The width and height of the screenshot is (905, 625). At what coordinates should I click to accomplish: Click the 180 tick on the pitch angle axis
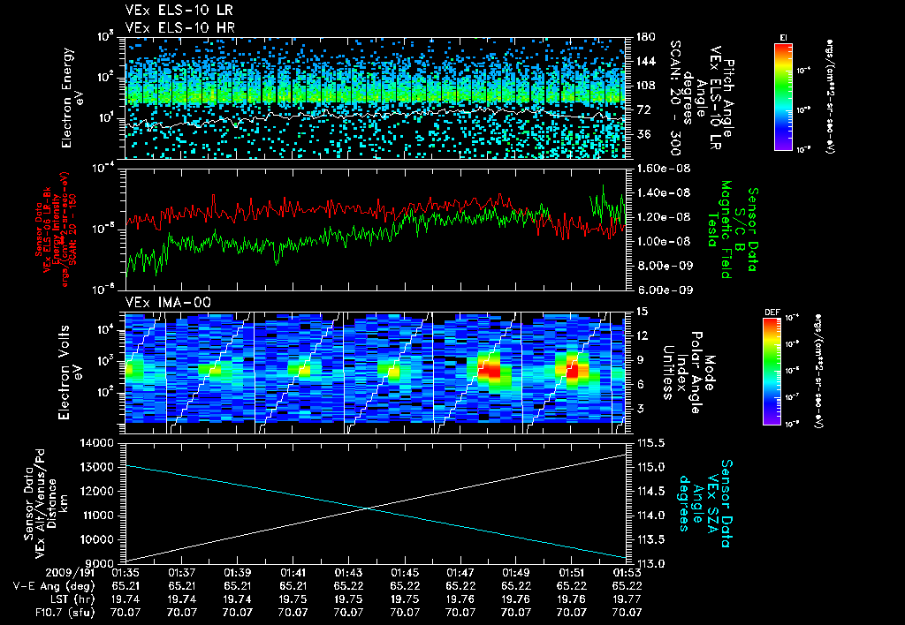[x=643, y=37]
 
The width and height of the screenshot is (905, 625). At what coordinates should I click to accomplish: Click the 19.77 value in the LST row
[x=627, y=599]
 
